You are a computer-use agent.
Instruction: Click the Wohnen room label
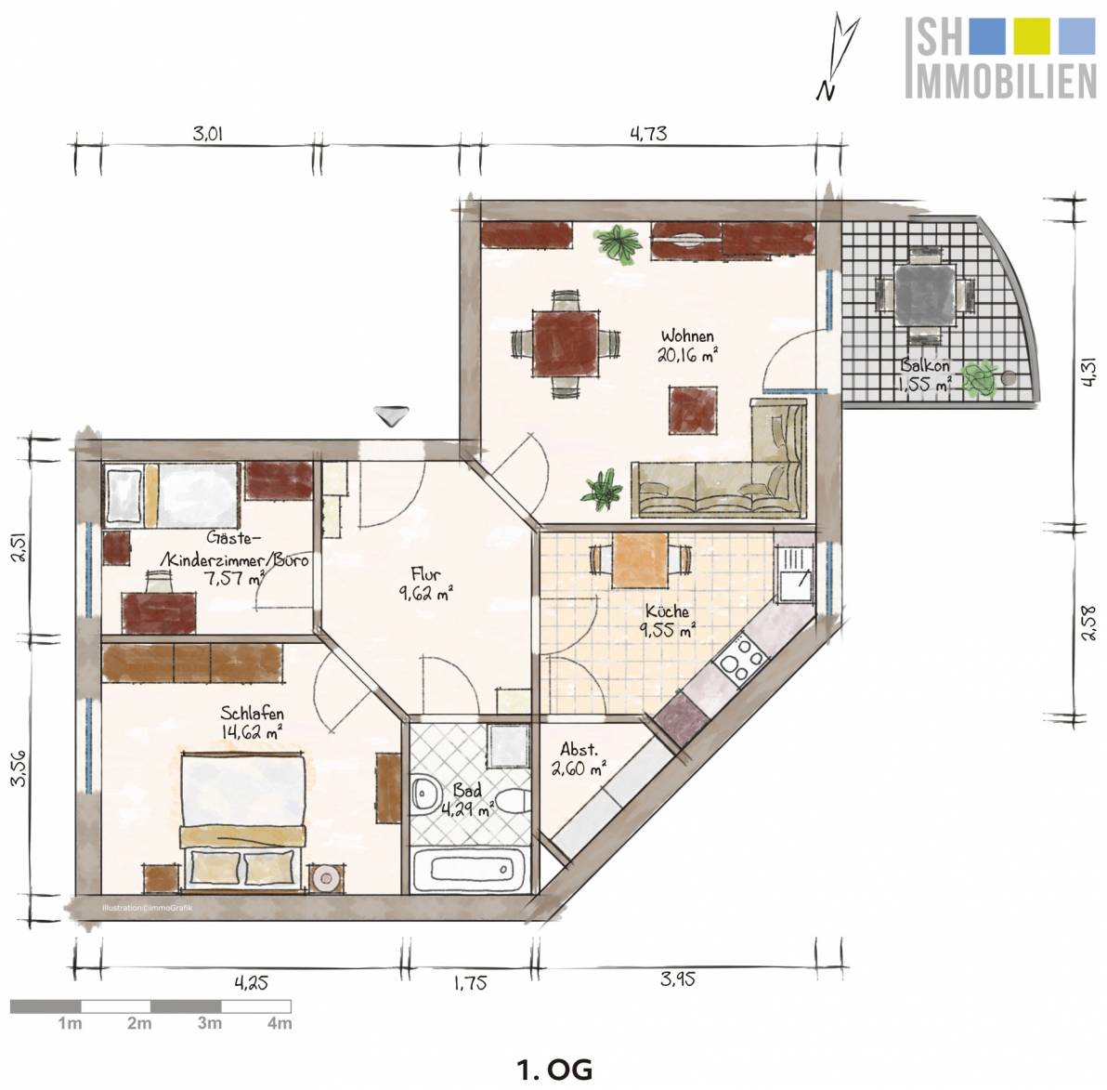point(687,336)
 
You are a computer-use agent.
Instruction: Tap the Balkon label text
point(924,366)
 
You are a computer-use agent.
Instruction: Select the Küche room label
point(667,611)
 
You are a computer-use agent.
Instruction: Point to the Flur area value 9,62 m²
point(425,594)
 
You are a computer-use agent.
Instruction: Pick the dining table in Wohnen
point(567,344)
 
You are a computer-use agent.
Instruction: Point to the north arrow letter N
point(826,92)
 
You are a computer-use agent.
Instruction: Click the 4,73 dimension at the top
point(648,133)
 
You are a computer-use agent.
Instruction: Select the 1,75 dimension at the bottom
point(470,982)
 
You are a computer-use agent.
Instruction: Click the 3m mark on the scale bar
point(210,1023)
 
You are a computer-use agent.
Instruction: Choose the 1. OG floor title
point(555,1070)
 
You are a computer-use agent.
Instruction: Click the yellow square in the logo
point(1032,36)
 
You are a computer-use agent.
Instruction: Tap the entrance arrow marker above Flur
point(389,416)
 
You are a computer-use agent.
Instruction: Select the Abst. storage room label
point(579,749)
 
